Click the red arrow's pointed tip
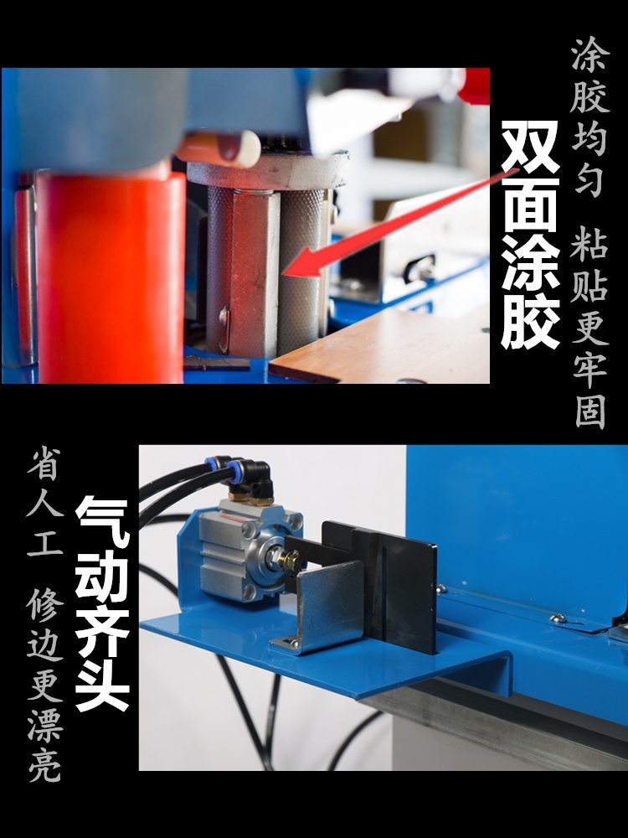coord(284,274)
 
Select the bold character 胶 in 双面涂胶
coord(531,322)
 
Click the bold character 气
coord(102,523)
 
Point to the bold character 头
coord(102,685)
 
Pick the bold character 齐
coord(102,631)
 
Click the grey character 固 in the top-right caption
coord(590,412)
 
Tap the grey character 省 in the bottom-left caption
coord(44,463)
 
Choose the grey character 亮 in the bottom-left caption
coord(44,765)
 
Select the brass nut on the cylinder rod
coord(291,560)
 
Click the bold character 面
coord(531,205)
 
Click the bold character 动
coord(102,577)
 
